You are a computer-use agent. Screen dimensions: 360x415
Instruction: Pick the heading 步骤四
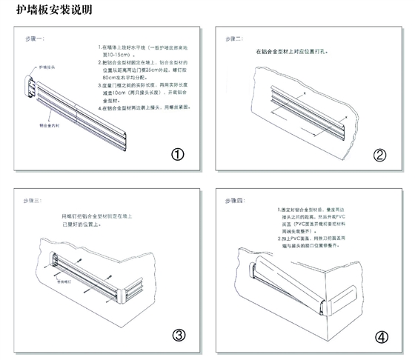click(237, 201)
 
